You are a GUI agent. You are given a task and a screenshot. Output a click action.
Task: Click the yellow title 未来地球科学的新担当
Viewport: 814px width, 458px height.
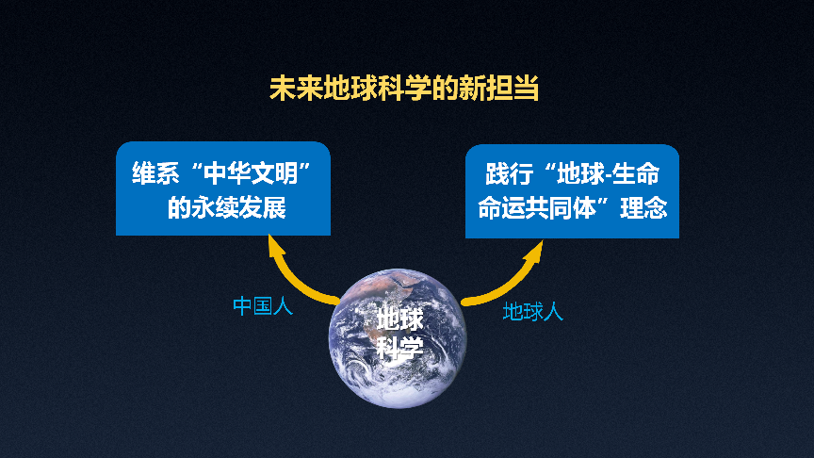404,89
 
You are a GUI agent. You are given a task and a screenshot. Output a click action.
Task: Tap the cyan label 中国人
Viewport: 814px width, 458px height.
263,306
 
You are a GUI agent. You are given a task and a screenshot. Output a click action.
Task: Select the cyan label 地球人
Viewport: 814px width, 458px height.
532,312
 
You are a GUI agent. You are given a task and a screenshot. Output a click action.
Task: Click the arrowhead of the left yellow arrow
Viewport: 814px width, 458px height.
276,246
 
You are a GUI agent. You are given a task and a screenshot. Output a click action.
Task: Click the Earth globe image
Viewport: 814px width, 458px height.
398,338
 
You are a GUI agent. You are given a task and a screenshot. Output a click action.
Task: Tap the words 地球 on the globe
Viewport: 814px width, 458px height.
400,319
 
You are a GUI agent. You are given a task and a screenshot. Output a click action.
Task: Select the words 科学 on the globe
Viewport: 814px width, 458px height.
400,348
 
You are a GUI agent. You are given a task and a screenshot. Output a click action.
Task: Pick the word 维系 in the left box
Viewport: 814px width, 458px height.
155,172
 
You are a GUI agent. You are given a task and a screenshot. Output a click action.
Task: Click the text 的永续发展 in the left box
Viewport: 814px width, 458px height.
226,207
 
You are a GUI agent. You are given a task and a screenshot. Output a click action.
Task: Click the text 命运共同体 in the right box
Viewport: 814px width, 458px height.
537,208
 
